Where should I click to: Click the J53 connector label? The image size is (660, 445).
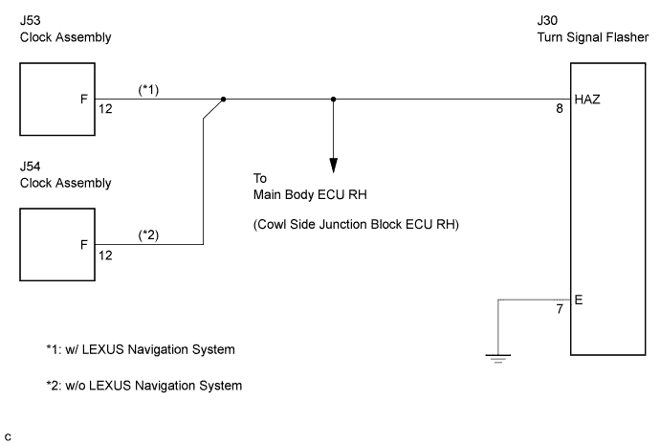pos(31,21)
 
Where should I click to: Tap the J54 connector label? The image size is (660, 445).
pos(31,167)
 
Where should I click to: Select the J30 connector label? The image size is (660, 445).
pos(548,21)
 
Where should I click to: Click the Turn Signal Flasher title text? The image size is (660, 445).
pos(593,37)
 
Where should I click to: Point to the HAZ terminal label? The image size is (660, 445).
pos(587,100)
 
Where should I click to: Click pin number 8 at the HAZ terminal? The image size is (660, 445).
pos(560,109)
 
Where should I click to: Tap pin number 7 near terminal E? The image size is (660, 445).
pos(560,309)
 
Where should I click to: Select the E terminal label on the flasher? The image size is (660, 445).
pos(579,300)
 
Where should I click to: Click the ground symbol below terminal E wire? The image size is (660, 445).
pos(498,359)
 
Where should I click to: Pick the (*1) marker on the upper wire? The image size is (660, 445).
pos(148,90)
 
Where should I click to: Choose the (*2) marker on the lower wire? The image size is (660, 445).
pos(148,234)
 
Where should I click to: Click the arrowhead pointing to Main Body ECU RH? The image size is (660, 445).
pos(334,166)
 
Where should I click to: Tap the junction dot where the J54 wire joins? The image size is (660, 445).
pos(224,100)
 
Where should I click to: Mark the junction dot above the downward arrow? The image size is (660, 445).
pos(334,100)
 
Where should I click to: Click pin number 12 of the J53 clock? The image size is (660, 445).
pos(105,109)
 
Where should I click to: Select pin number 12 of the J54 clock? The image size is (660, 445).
pos(105,256)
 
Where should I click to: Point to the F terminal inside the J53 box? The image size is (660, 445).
pos(84,100)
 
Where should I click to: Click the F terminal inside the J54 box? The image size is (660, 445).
pos(84,245)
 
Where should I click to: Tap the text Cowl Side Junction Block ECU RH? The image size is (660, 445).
pos(356,224)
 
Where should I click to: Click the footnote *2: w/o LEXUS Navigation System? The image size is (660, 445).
pos(144,386)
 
